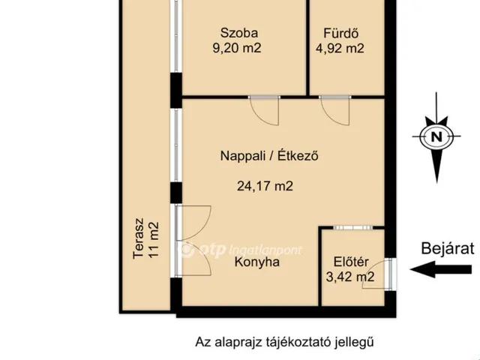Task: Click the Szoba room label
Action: [x=239, y=33]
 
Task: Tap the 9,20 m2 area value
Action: [x=237, y=48]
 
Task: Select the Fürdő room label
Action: [x=340, y=33]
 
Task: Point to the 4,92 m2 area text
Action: [x=340, y=48]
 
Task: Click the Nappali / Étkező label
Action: [x=269, y=155]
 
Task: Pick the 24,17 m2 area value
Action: [x=265, y=186]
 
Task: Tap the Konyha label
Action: [x=257, y=262]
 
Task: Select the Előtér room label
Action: [x=351, y=262]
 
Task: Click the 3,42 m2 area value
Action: [x=350, y=277]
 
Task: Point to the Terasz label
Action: [x=138, y=238]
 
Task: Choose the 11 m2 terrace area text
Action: [x=154, y=240]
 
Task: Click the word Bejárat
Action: [x=448, y=248]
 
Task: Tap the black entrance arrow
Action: [x=441, y=269]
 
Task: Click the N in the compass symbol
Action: [x=436, y=136]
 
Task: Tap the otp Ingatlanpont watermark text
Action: [x=240, y=250]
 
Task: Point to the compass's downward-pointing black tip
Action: [x=436, y=182]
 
